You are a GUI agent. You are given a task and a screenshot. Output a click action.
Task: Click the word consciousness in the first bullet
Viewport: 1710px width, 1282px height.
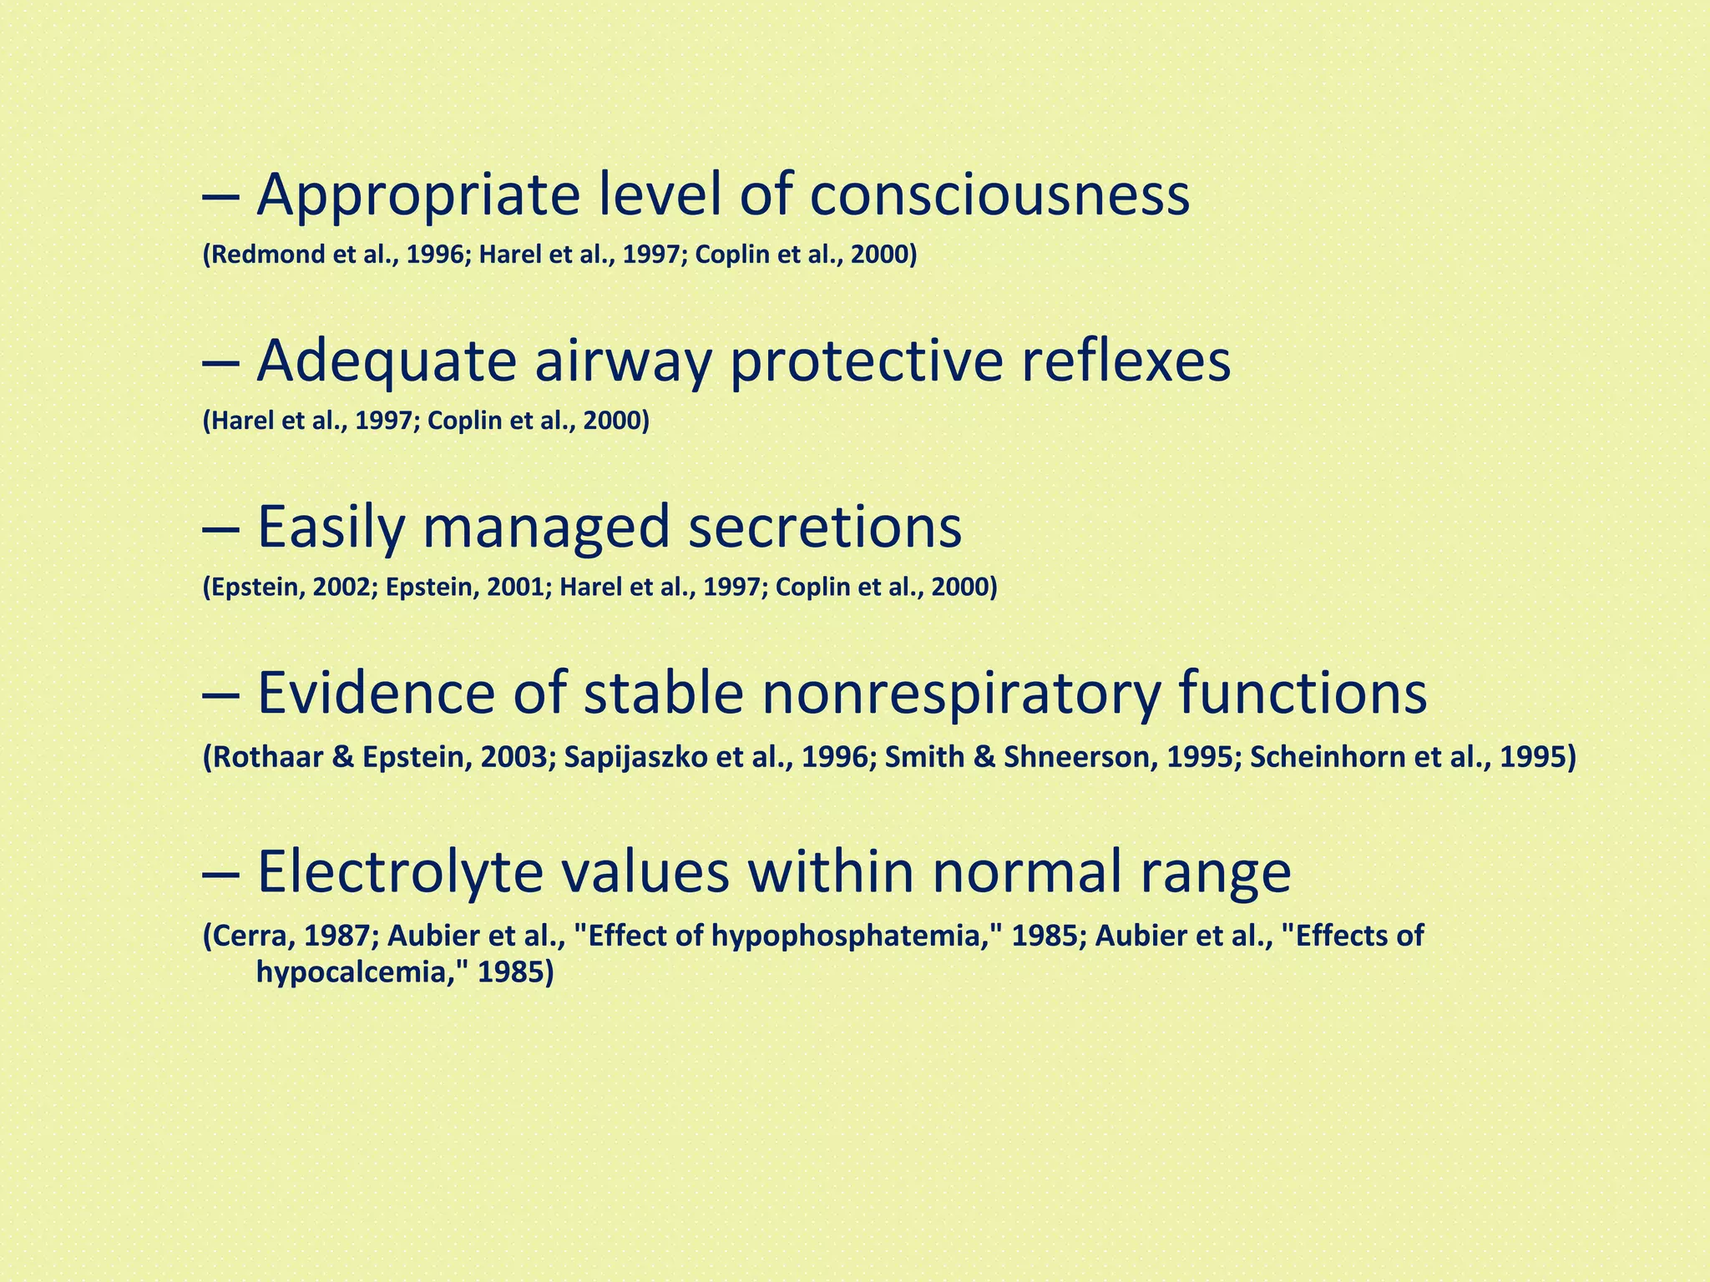pos(999,195)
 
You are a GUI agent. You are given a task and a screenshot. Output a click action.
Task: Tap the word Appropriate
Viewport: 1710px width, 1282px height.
pos(417,197)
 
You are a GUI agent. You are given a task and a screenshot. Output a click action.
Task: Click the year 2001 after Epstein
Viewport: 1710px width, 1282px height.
pos(514,588)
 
